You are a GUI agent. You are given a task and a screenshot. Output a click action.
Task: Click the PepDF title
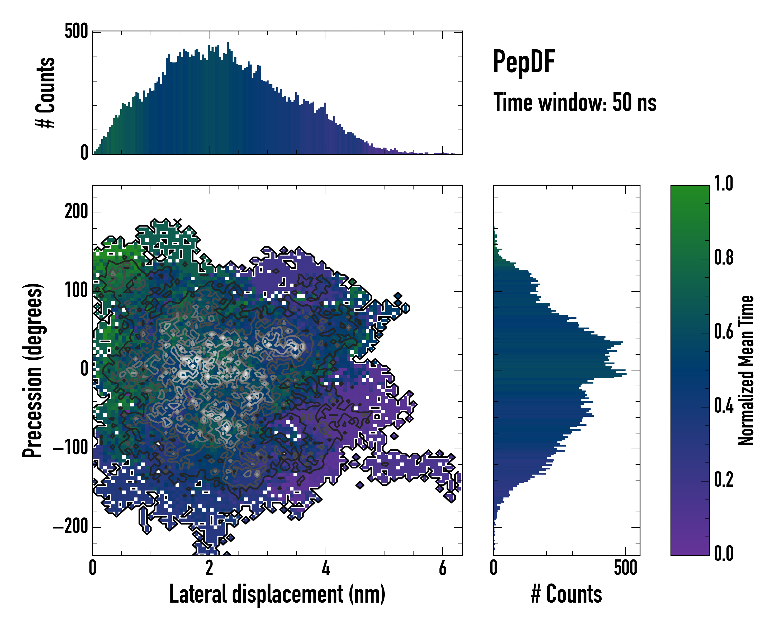coord(524,61)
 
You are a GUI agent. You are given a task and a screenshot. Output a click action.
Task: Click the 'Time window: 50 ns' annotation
coord(575,102)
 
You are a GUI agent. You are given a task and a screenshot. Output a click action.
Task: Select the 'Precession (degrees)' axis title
coord(33,370)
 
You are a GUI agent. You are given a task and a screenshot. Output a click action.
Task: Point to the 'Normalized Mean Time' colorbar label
coord(746,370)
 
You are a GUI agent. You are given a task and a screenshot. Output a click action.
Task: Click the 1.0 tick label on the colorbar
coord(723,184)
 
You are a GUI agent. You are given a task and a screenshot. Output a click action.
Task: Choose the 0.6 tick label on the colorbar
coord(723,332)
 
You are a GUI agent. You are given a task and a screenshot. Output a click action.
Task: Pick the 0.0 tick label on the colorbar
coord(723,553)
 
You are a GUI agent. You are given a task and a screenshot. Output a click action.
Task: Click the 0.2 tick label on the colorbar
coord(723,480)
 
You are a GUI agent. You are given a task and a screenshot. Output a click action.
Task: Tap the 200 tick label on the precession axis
coord(76,212)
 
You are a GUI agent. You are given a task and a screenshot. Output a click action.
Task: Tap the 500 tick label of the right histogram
coord(626,568)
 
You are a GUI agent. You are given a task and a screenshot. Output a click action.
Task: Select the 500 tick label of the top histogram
coord(76,31)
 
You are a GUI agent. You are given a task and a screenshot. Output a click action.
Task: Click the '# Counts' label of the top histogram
coord(46,93)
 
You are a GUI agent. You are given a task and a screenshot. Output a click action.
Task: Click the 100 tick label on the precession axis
coord(76,291)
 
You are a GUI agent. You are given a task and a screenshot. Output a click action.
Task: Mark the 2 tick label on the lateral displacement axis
coord(209,568)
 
